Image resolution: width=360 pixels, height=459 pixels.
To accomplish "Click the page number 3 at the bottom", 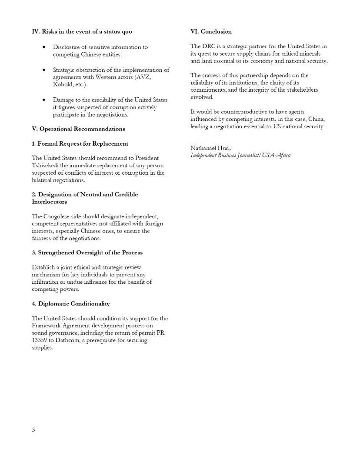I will (33, 430).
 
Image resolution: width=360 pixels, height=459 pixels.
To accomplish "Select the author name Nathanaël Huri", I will (207, 148).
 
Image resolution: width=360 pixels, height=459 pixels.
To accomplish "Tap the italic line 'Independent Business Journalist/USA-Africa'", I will (240, 155).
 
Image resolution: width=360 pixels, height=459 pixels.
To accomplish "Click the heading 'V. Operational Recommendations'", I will (78, 129).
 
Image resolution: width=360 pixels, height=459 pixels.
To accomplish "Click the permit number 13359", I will (40, 340).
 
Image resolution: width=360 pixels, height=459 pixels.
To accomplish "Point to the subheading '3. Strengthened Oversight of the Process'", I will (87, 253).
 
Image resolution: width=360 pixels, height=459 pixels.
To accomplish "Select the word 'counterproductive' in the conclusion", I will (235, 112).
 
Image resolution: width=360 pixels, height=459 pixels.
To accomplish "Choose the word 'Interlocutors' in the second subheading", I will (49, 202).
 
